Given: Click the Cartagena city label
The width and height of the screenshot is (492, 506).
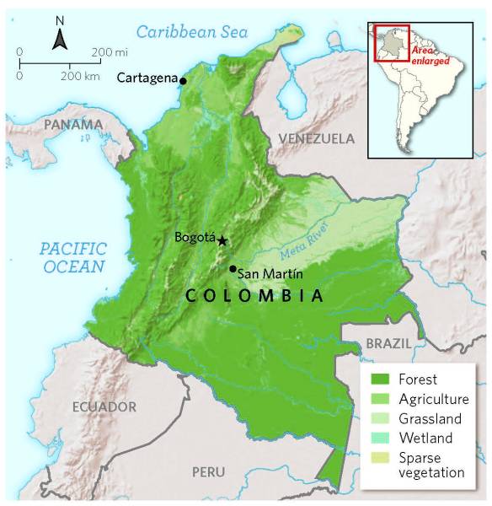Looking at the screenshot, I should click(147, 78).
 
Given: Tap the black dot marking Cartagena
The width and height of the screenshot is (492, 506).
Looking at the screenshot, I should click(184, 80).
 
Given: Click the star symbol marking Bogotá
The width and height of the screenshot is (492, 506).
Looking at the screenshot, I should click(222, 240).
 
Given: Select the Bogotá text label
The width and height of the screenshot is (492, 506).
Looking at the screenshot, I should click(195, 238).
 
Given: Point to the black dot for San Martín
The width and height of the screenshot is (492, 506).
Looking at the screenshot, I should click(233, 269).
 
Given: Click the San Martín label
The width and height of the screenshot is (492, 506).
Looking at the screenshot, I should click(270, 273).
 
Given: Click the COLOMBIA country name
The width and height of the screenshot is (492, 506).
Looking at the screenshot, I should click(254, 296).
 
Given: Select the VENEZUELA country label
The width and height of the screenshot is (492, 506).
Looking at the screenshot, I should click(317, 137).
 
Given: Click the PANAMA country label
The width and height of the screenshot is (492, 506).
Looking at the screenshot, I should click(73, 125).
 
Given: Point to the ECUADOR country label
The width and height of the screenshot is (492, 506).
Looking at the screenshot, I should click(104, 407).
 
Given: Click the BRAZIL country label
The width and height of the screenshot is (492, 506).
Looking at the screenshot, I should click(388, 344).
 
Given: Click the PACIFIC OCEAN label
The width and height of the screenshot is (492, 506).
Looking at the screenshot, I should click(73, 257).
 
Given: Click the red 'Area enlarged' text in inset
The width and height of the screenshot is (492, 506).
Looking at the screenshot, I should click(430, 56).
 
